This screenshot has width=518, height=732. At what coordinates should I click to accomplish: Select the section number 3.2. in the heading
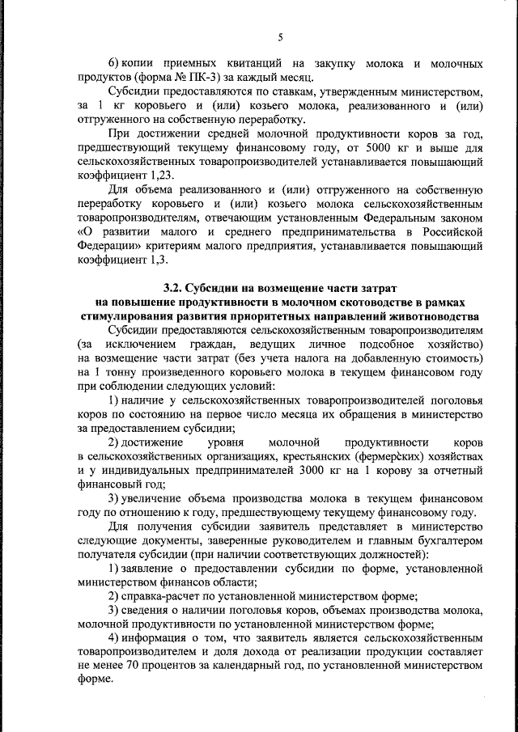pyautogui.click(x=173, y=289)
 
